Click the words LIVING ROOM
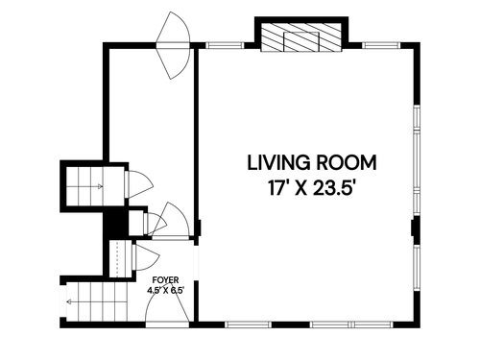point(312,162)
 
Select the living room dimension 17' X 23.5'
point(312,187)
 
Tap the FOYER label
point(165,280)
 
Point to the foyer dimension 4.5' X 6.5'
point(166,291)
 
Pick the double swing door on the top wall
point(173,45)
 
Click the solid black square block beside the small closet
point(117,224)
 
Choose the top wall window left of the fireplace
point(225,46)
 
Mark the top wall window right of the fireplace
point(381,46)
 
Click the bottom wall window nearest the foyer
point(248,324)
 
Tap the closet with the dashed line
point(120,258)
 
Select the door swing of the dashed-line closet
point(146,257)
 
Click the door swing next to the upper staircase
point(139,184)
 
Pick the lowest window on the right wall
point(417,268)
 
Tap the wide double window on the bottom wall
point(352,324)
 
